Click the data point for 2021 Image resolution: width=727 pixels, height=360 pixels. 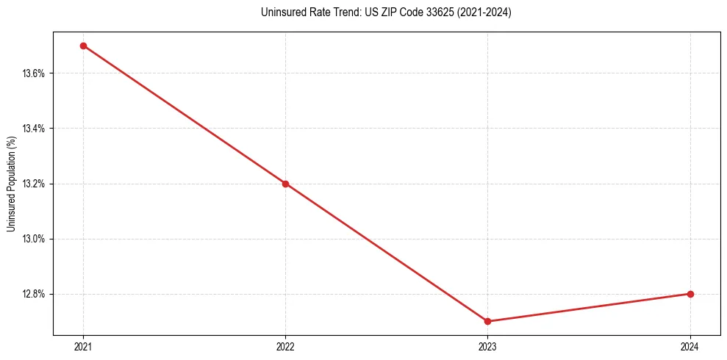click(83, 46)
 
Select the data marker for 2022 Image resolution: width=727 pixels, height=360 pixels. click(285, 184)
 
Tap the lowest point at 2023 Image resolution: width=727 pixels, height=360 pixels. click(488, 321)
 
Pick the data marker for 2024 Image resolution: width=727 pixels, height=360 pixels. click(690, 294)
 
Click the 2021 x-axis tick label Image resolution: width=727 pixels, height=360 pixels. click(83, 347)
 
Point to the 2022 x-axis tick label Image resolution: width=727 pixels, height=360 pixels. click(285, 347)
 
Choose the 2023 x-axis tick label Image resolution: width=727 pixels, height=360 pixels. click(488, 347)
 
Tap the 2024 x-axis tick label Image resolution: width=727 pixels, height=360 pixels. click(690, 347)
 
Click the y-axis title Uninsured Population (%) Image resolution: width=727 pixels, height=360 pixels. click(11, 183)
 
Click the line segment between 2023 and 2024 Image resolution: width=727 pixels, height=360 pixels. click(589, 308)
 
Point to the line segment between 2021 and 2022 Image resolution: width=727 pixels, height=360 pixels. click(184, 115)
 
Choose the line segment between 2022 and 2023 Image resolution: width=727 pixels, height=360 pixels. click(387, 252)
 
